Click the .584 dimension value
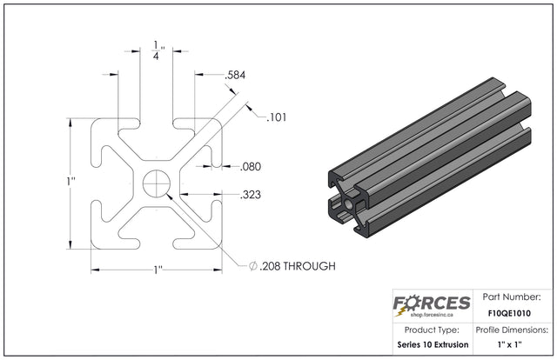pos(235,76)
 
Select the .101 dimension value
pos(277,117)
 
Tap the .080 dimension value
pos(251,166)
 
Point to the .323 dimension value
pos(251,195)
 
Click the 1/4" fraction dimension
pos(158,50)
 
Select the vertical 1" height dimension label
pos(71,181)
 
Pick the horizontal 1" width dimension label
pos(158,270)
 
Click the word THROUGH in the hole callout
pos(310,266)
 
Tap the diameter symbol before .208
pos(253,266)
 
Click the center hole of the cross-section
pos(157,183)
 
